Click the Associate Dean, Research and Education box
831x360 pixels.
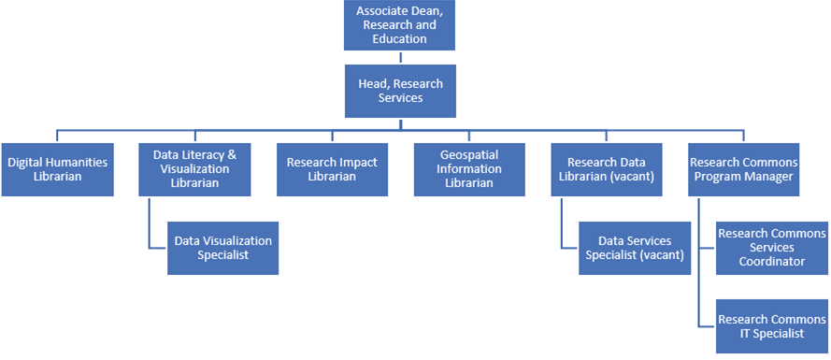point(401,25)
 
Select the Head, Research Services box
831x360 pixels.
point(401,91)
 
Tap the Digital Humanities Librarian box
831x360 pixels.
point(57,168)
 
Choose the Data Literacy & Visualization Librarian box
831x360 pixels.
point(194,168)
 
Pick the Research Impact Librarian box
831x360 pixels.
point(332,168)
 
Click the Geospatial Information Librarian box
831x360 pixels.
point(470,168)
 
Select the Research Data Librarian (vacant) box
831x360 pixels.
point(608,168)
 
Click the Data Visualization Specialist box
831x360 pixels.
point(222,248)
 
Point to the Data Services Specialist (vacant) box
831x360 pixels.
point(635,248)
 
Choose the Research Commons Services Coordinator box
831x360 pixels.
point(772,248)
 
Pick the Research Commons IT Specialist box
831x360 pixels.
point(772,326)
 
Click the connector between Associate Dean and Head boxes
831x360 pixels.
point(401,56)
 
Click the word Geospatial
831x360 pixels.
point(471,155)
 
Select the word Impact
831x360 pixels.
point(356,162)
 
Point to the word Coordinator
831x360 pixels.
point(772,262)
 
